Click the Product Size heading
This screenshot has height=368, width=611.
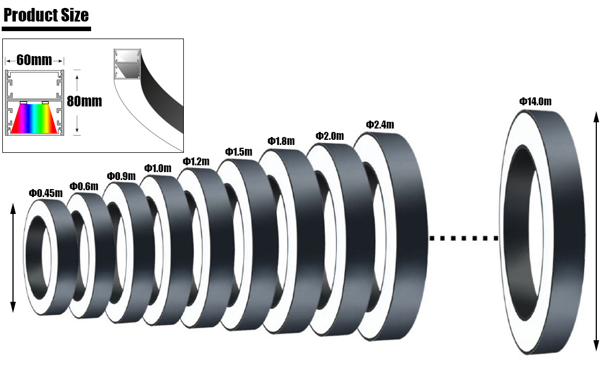point(46,15)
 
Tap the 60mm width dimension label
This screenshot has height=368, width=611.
point(35,60)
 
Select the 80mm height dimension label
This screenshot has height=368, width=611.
point(84,101)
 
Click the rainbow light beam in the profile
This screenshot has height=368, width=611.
point(35,118)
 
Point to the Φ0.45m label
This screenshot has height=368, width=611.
point(46,193)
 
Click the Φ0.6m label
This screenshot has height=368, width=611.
point(84,186)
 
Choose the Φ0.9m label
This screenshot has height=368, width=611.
point(121,176)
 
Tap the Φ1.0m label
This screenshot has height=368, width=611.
point(158,168)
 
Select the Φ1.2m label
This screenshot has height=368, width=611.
point(196,161)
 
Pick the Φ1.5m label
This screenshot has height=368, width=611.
point(239,152)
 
